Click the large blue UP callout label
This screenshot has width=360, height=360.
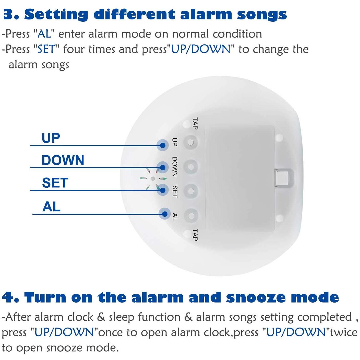pos(51,138)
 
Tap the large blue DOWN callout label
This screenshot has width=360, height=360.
pos(63,160)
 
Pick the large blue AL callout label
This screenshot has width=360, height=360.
pos(51,207)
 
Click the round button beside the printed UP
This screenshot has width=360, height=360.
pos(190,142)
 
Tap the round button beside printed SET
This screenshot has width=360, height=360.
pos(190,191)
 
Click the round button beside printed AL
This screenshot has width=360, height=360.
pos(190,215)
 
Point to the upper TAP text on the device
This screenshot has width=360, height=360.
pos(195,123)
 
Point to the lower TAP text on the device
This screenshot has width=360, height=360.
pos(195,235)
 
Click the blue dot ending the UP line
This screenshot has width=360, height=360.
pos(163,145)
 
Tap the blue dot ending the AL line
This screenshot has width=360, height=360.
pos(165,214)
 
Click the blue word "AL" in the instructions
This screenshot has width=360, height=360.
pos(44,34)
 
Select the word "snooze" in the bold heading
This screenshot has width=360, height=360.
pos(256,297)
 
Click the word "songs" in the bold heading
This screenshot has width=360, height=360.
pos(262,15)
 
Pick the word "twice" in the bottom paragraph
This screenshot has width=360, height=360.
pos(344,333)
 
